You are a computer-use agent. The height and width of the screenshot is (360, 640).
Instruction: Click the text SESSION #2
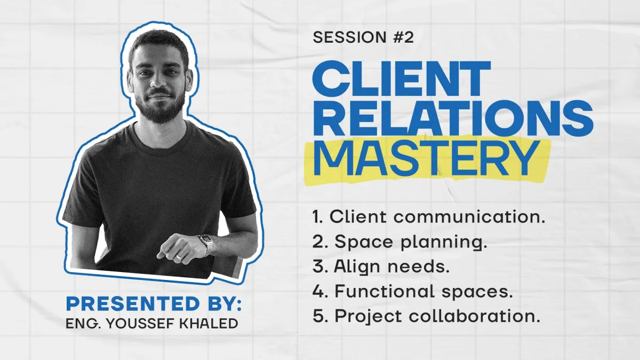(x=363, y=37)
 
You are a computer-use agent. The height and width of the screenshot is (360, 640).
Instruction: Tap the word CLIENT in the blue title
(x=401, y=79)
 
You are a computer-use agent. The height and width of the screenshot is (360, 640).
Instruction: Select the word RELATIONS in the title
(x=453, y=118)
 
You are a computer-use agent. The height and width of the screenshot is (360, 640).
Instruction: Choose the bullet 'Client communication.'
(x=429, y=217)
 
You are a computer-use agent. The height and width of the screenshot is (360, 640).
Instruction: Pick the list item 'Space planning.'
(x=399, y=242)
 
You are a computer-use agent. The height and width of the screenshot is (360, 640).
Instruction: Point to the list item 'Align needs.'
(x=381, y=267)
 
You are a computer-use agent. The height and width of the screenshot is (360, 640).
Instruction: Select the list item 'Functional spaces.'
(x=413, y=291)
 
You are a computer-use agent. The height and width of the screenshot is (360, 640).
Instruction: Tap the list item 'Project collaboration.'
(x=426, y=316)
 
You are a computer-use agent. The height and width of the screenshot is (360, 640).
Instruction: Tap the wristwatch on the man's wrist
(x=205, y=244)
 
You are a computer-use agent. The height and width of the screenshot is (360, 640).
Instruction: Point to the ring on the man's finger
(x=179, y=257)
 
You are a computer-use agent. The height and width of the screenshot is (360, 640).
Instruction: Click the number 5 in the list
(x=318, y=316)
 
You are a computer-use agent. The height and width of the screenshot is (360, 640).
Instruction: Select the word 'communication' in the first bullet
(x=469, y=217)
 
